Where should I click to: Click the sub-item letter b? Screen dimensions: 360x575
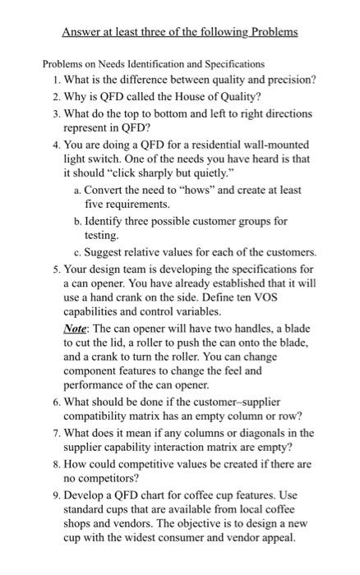click(76, 221)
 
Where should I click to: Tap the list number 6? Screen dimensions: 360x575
click(54, 402)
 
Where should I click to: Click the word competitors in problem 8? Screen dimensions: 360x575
click(112, 479)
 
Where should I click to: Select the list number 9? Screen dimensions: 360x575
click(54, 494)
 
